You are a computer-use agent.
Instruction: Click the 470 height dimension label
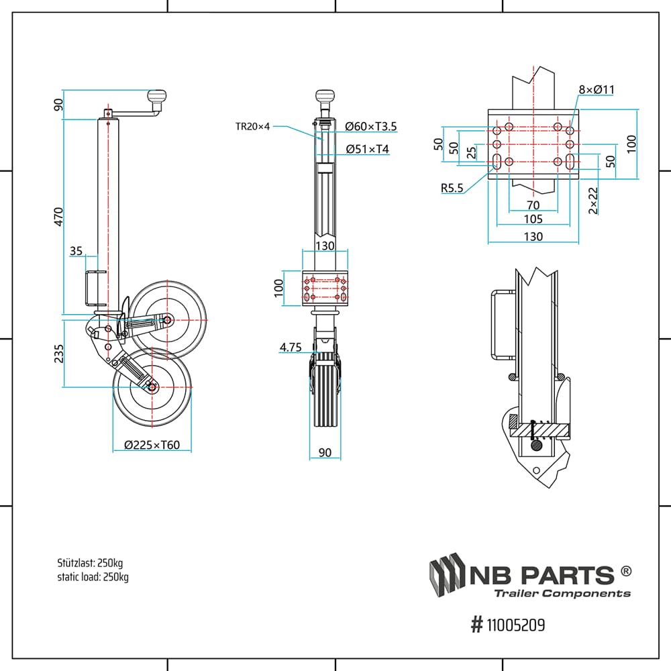tap(58, 217)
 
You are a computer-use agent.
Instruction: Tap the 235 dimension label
tap(58, 354)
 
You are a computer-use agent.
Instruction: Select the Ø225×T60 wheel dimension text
tap(152, 444)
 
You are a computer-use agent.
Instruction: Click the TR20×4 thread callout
tap(252, 125)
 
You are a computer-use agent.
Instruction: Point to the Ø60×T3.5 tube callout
tap(371, 125)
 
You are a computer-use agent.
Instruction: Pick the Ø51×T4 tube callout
tap(367, 149)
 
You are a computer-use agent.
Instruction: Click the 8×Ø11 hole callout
tap(597, 90)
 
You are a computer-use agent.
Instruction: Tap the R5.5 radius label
tap(452, 188)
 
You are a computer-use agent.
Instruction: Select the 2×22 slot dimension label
tap(592, 200)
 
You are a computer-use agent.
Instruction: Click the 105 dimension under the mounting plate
tap(533, 219)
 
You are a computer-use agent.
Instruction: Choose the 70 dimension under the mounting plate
tap(533, 204)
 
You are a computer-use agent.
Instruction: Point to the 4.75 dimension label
tap(291, 347)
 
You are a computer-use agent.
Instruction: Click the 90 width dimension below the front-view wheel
tap(325, 453)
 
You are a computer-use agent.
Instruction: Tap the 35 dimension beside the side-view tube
tap(76, 251)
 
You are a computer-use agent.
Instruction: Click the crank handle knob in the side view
tap(158, 98)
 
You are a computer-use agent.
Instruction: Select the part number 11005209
tap(515, 625)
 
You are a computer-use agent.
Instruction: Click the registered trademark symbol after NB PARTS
tap(625, 571)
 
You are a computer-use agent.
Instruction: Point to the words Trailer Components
tap(562, 593)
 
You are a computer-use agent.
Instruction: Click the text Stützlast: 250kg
tap(90, 562)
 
